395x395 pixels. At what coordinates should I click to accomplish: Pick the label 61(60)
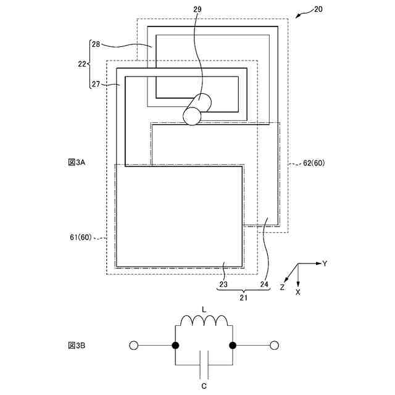(x=81, y=237)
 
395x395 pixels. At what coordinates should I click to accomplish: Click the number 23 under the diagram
(x=224, y=285)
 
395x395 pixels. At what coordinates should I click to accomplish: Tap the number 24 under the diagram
(x=264, y=285)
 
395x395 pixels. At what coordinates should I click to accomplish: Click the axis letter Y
(x=324, y=264)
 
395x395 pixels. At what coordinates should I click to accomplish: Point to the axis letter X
(x=299, y=291)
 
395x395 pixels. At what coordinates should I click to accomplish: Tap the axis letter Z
(x=282, y=287)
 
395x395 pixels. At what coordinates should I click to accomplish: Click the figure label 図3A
(x=77, y=162)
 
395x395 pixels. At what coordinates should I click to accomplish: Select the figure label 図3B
(x=77, y=346)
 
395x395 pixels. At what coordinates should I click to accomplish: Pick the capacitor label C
(x=204, y=386)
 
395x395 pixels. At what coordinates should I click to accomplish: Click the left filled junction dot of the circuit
(x=176, y=346)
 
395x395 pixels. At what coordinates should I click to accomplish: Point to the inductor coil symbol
(x=204, y=321)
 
